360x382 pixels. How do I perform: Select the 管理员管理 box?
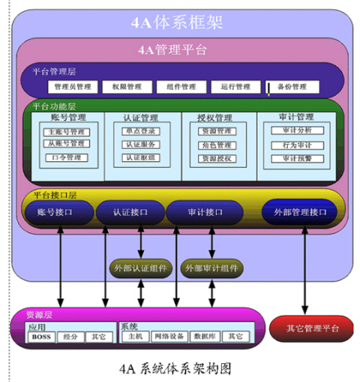tap(73, 86)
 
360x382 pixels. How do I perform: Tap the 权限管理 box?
tap(127, 86)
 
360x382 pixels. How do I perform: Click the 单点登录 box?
tap(141, 131)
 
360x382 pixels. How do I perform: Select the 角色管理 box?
tap(217, 144)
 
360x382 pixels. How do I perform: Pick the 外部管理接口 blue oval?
tap(299, 213)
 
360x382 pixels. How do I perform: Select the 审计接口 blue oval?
tap(200, 213)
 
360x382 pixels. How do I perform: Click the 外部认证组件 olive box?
tap(140, 268)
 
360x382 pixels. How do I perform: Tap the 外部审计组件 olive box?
tap(212, 268)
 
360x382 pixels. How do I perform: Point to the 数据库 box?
tap(206, 336)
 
